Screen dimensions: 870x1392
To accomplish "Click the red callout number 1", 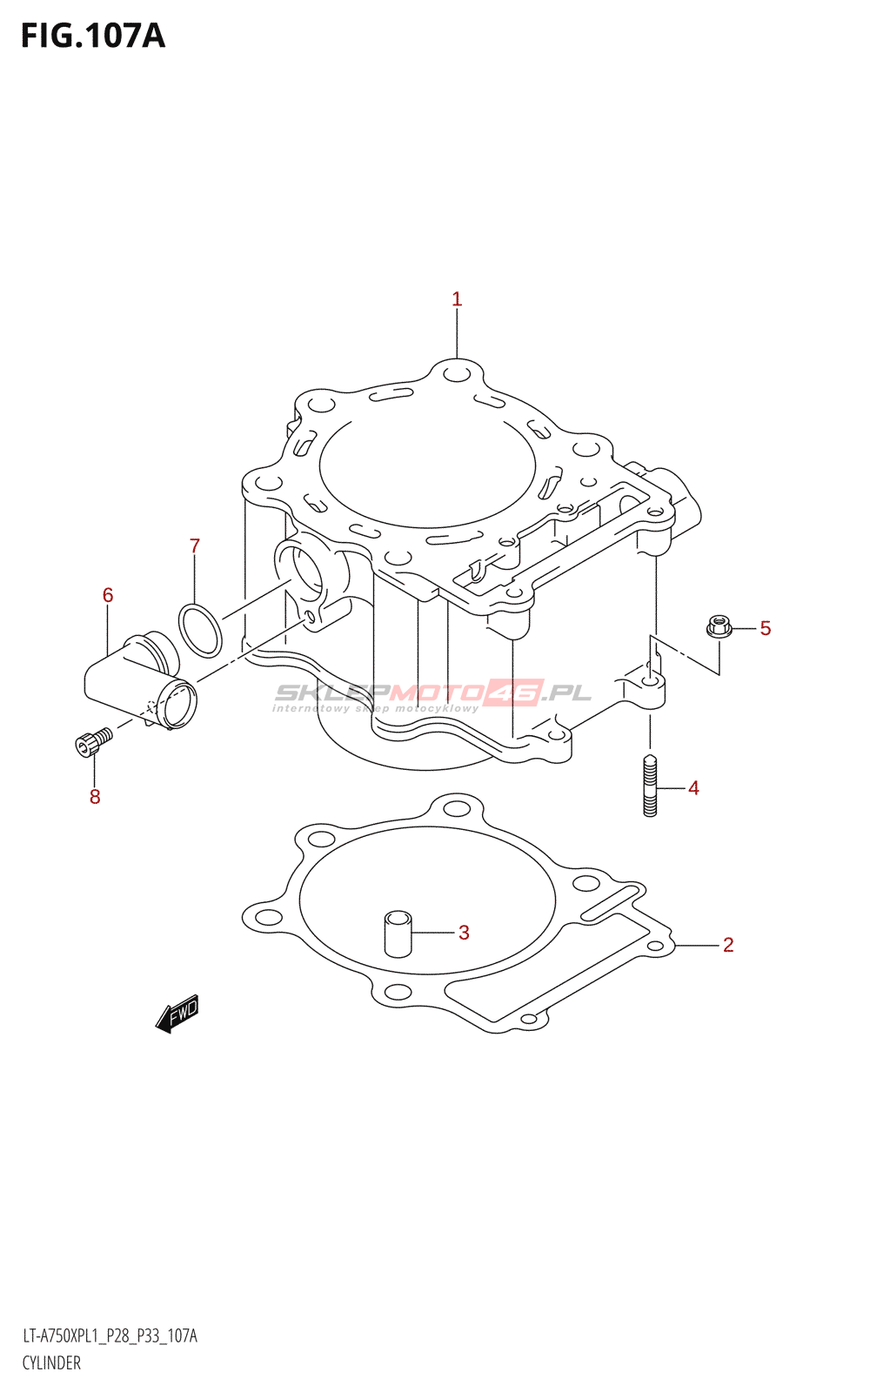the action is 457,299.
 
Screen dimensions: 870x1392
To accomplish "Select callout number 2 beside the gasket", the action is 728,945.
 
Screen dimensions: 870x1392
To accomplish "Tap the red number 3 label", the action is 464,932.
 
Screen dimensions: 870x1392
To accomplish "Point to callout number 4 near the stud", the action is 693,788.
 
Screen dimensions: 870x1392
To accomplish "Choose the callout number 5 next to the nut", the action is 765,628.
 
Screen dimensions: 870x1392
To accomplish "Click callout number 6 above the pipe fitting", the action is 108,595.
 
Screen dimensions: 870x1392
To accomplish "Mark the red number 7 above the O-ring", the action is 195,546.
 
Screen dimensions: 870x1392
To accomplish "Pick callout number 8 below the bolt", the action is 95,797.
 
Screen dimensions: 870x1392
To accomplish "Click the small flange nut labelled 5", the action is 719,626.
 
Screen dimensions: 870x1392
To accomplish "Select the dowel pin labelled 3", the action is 398,934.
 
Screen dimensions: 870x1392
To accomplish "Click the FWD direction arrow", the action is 177,1013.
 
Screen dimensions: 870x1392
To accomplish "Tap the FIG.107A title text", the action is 93,36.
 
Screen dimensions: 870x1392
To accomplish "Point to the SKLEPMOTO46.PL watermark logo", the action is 432,695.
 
